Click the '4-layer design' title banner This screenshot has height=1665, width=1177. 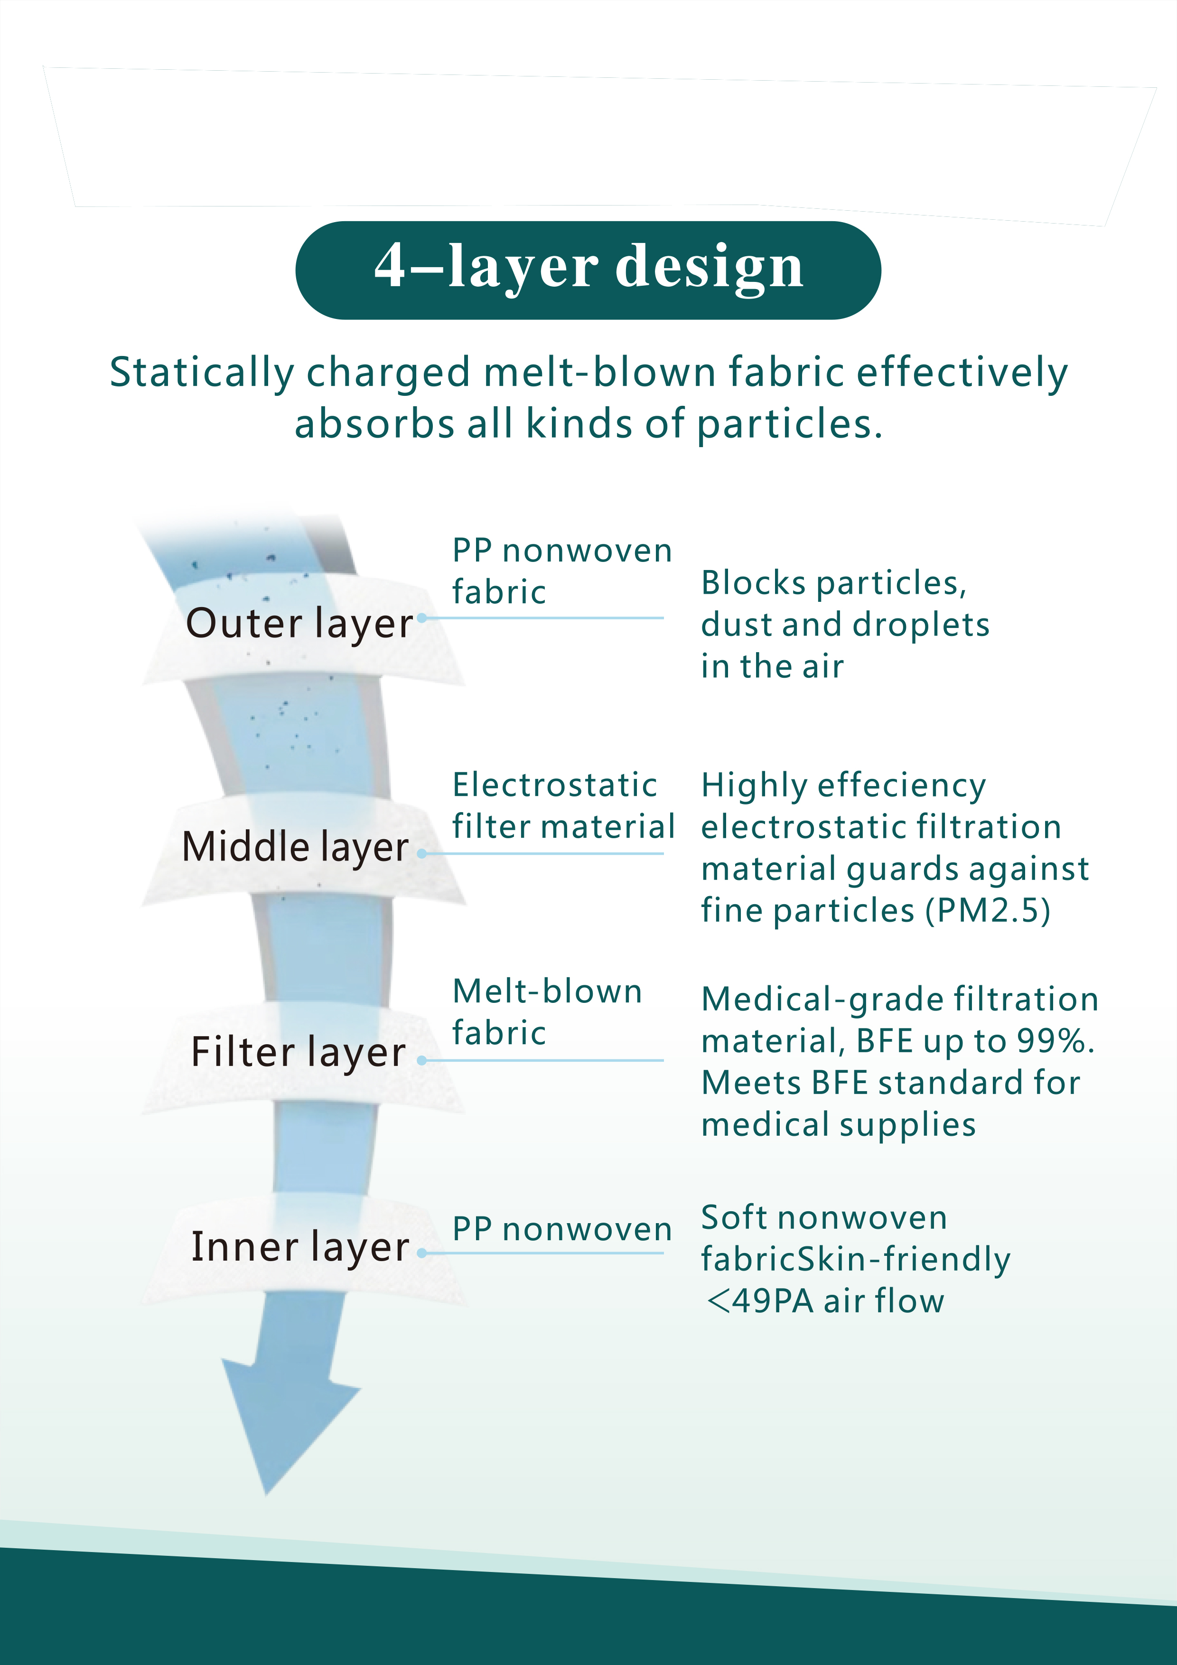coord(588,270)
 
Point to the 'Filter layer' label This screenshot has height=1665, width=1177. coord(298,1053)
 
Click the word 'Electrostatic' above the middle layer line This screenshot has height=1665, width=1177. coord(555,785)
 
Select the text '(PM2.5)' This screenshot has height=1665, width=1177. coord(988,911)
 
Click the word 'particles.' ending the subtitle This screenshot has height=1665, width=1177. coord(790,425)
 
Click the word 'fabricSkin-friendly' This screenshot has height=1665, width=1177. coord(856,1260)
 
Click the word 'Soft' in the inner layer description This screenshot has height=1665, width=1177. coord(735,1217)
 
